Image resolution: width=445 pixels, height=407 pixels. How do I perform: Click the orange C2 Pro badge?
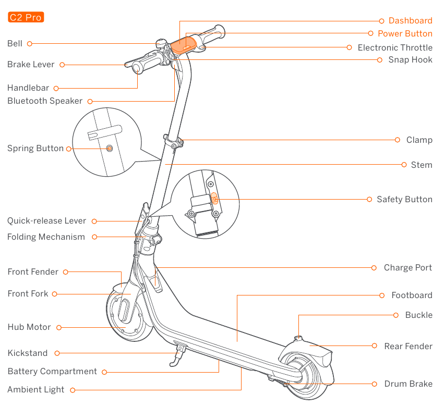pyautogui.click(x=26, y=18)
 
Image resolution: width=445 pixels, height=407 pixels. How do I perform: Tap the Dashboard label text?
pyautogui.click(x=410, y=21)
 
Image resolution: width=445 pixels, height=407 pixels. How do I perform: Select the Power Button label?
pyautogui.click(x=405, y=34)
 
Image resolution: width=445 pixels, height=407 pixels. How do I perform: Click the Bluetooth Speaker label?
pyautogui.click(x=45, y=101)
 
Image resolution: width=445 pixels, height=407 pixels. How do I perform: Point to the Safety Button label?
pyautogui.click(x=404, y=200)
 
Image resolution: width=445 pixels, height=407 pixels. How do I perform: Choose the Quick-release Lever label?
pyautogui.click(x=46, y=221)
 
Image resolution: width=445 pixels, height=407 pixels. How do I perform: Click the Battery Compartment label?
pyautogui.click(x=52, y=372)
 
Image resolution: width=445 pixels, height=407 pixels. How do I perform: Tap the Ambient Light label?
pyautogui.click(x=36, y=390)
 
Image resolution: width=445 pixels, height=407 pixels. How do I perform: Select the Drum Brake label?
pyautogui.click(x=408, y=384)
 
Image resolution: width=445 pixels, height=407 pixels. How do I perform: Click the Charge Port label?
pyautogui.click(x=407, y=268)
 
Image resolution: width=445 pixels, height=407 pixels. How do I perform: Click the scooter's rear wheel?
pyautogui.click(x=308, y=378)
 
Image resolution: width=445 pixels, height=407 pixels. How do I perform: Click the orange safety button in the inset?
pyautogui.click(x=213, y=198)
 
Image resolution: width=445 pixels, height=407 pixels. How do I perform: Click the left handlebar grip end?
pyautogui.click(x=137, y=67)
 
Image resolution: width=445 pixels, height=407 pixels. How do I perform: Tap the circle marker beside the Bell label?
pyautogui.click(x=30, y=44)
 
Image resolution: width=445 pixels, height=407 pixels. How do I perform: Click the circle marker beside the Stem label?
pyautogui.click(x=404, y=165)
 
